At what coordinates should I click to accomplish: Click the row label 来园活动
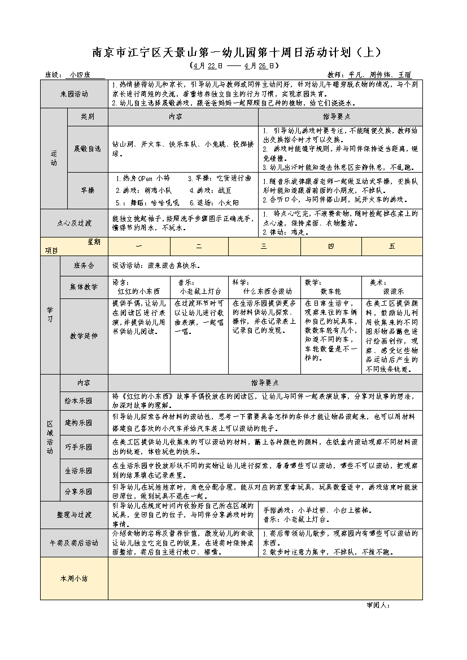click(x=73, y=94)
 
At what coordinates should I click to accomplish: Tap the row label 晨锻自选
click(x=88, y=148)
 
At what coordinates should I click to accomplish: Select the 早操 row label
click(x=88, y=190)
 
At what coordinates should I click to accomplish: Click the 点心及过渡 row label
click(x=73, y=223)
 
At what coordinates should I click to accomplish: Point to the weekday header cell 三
click(x=264, y=247)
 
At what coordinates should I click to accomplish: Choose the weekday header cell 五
click(x=392, y=247)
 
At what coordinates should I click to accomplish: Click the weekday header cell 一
click(x=139, y=247)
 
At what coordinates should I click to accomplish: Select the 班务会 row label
click(x=84, y=265)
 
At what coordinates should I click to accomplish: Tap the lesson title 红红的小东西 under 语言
click(x=138, y=292)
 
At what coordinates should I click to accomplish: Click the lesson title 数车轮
click(x=330, y=292)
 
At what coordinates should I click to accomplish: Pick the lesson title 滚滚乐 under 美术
click(x=393, y=292)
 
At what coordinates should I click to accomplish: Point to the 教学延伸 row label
click(x=84, y=336)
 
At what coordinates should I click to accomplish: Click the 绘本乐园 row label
click(x=78, y=401)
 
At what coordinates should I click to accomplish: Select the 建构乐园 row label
click(x=78, y=423)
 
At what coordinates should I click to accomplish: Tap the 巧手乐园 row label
click(x=78, y=446)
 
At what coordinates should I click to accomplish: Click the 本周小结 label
click(x=73, y=578)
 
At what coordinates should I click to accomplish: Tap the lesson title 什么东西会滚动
click(x=264, y=292)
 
